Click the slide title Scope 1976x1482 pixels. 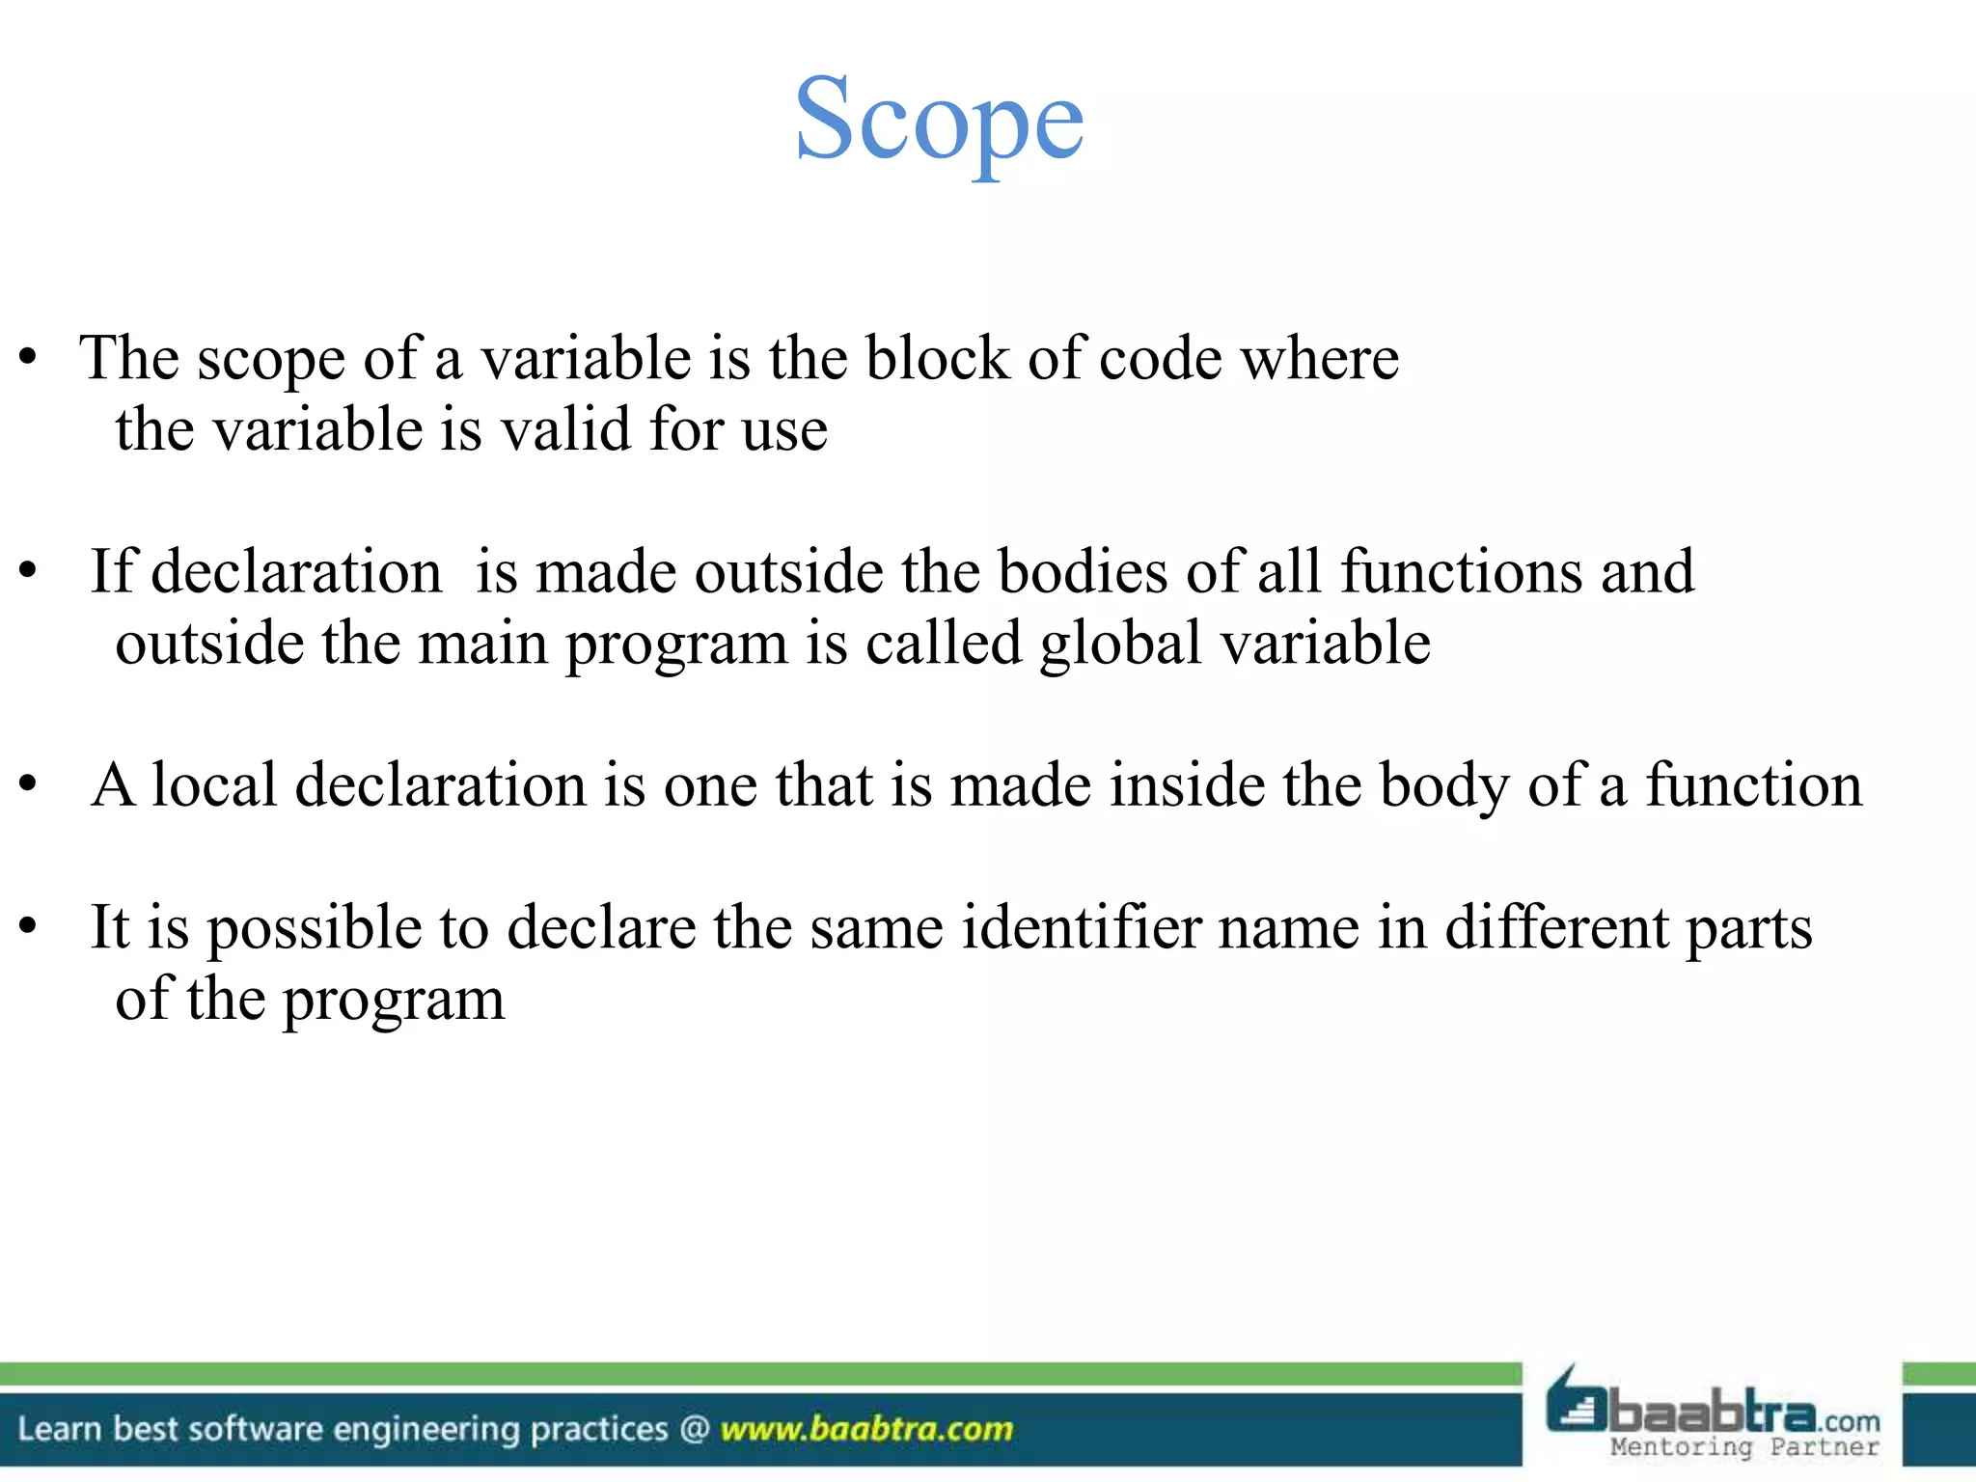pyautogui.click(x=939, y=121)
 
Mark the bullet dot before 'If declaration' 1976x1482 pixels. pyautogui.click(x=28, y=572)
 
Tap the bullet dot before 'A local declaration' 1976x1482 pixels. pyautogui.click(x=28, y=784)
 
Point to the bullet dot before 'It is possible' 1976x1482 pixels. pyautogui.click(x=28, y=927)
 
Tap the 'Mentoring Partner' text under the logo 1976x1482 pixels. pyautogui.click(x=1744, y=1447)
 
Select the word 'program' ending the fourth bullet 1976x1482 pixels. pyautogui.click(x=394, y=1001)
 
